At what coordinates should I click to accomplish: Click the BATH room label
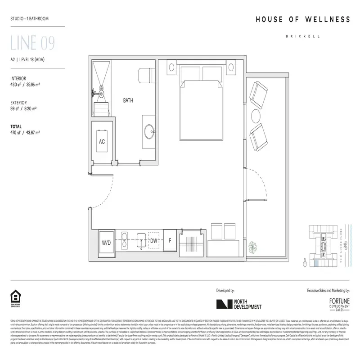click(x=128, y=100)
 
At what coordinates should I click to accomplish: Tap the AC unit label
click(x=102, y=141)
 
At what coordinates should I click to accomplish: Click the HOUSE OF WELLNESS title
click(x=302, y=19)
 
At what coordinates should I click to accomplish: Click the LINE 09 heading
click(x=32, y=44)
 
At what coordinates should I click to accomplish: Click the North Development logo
click(x=238, y=304)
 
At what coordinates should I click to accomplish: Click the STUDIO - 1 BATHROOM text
click(x=29, y=19)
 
